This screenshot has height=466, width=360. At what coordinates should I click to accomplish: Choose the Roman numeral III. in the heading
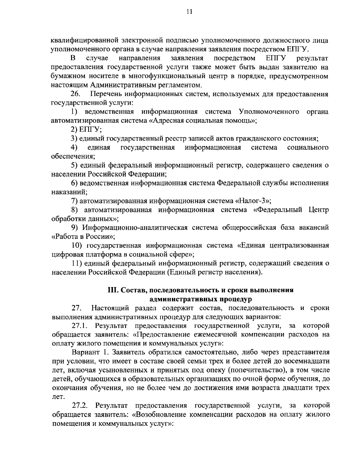click(x=113, y=290)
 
